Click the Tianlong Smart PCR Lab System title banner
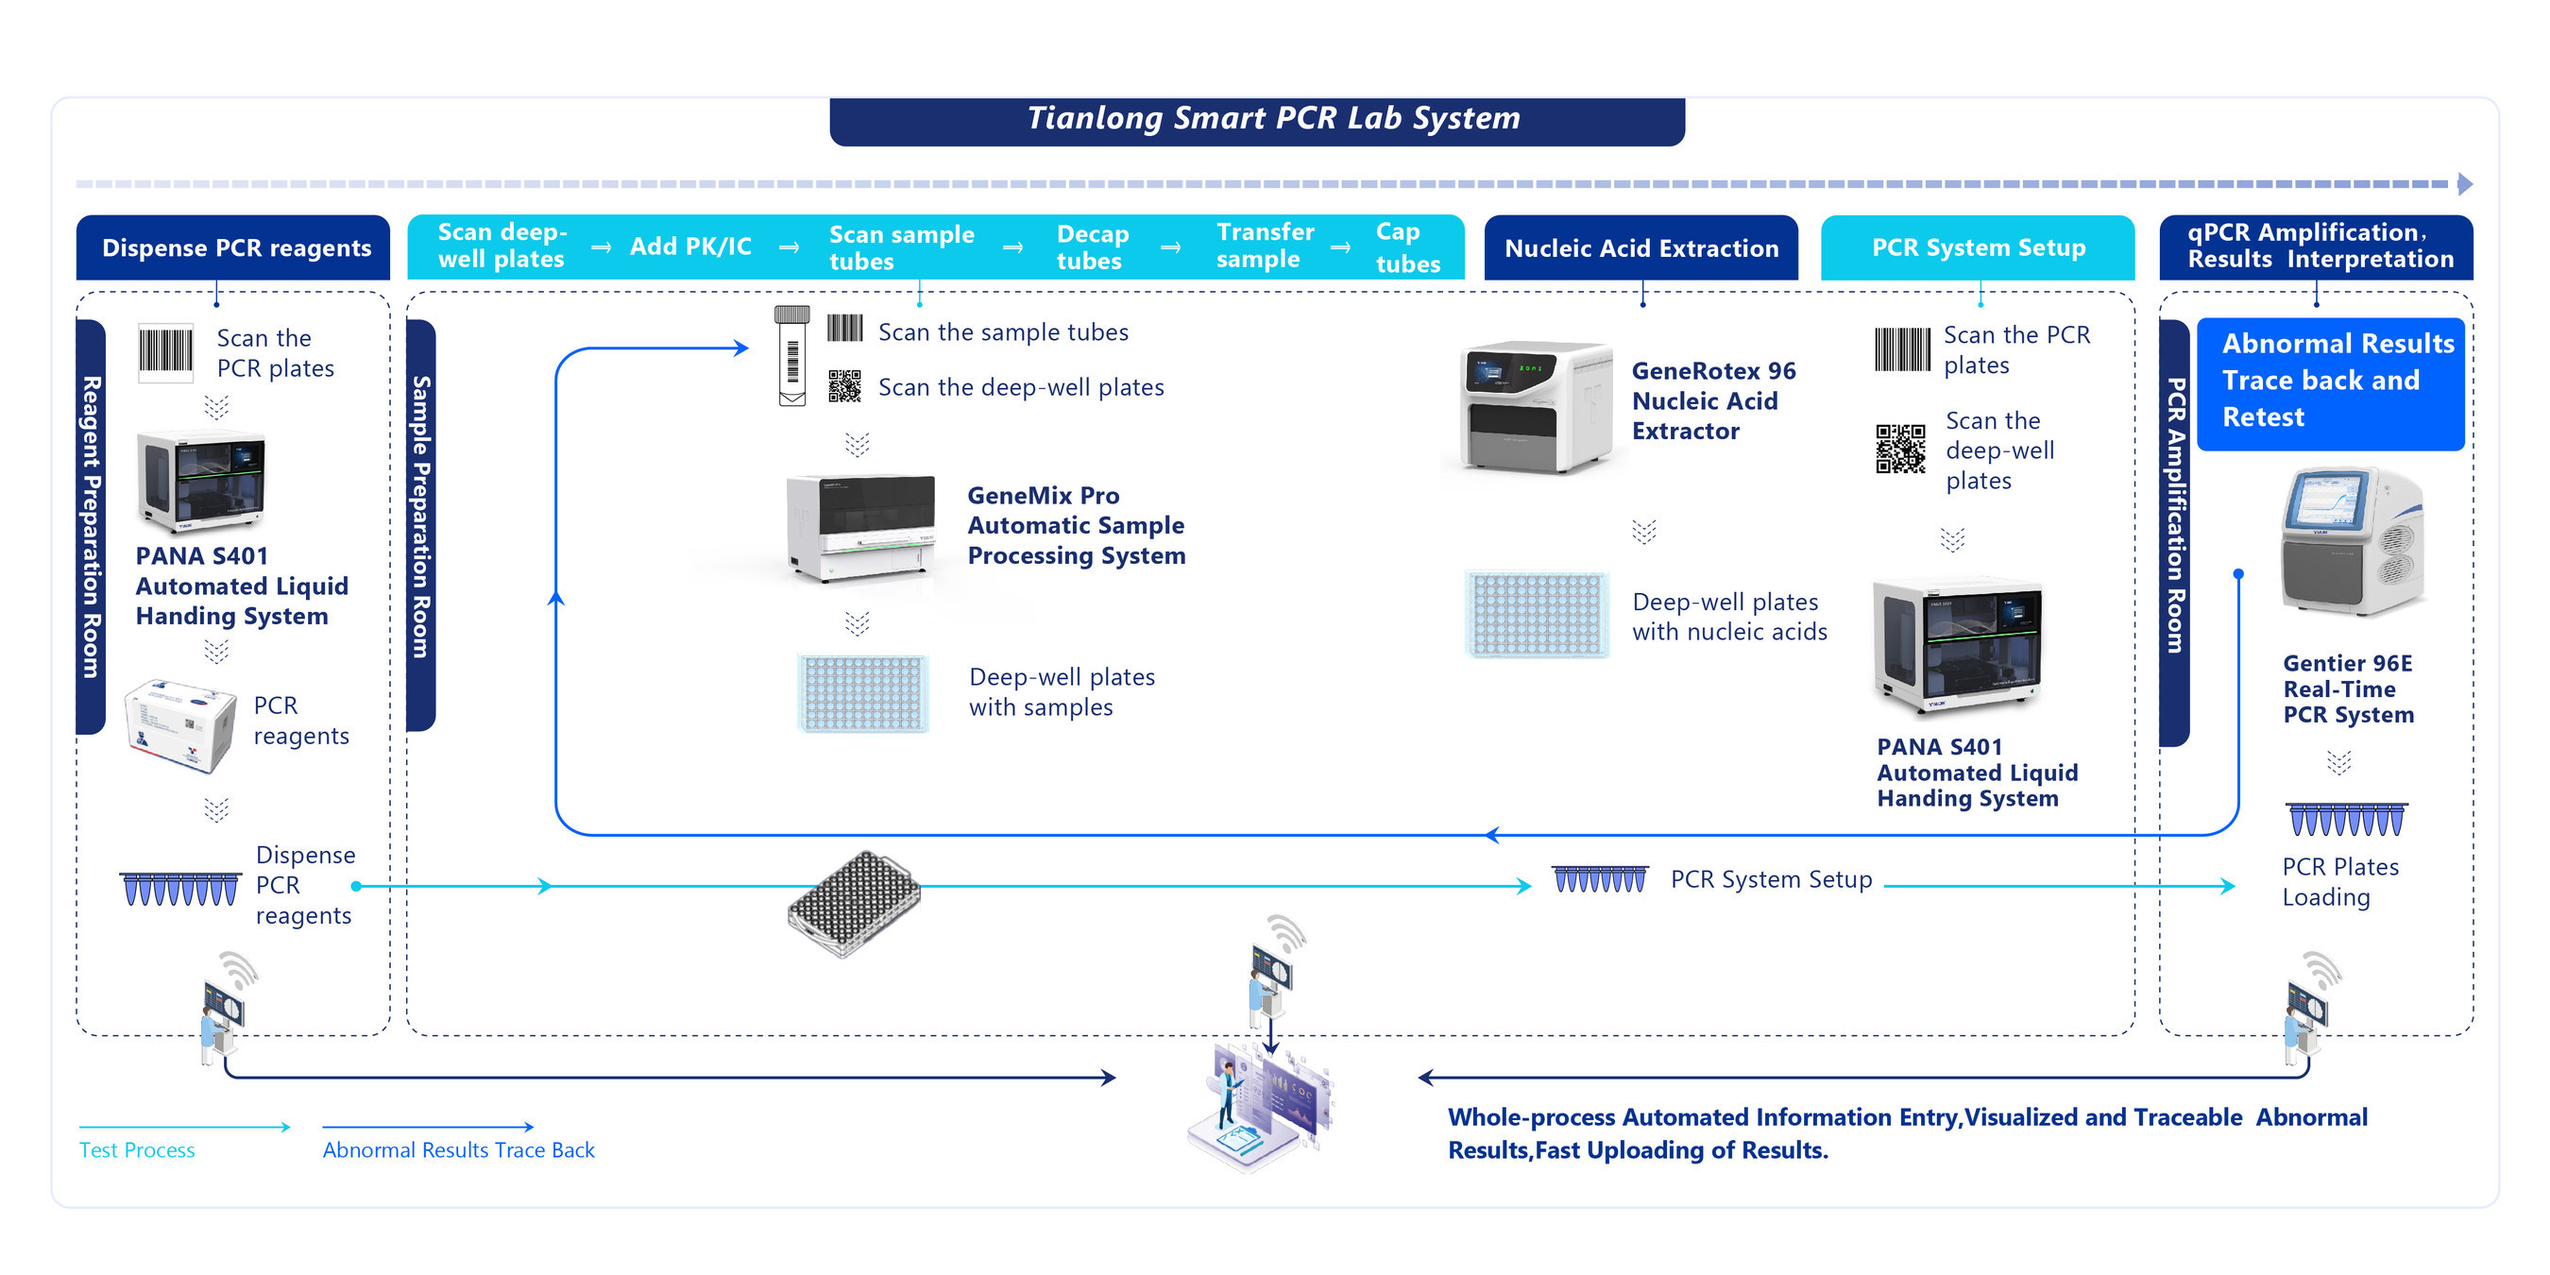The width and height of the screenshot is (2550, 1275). tap(1257, 121)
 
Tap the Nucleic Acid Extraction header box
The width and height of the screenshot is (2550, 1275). tap(1641, 247)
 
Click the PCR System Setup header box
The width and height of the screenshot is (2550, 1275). tap(1978, 247)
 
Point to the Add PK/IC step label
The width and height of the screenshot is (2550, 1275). tap(690, 246)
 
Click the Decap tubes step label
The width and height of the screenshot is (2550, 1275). tap(1092, 247)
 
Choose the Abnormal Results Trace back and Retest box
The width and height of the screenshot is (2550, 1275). tap(2330, 382)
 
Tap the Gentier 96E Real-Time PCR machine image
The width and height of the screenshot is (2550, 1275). tap(2352, 543)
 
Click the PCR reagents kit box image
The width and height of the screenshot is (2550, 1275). tap(180, 725)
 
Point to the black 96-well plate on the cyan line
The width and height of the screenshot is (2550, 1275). tap(853, 903)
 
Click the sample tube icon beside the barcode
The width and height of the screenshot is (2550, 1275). tap(792, 355)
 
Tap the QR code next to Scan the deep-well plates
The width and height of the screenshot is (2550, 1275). tap(844, 386)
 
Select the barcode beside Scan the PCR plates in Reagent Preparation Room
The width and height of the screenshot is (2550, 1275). tap(165, 351)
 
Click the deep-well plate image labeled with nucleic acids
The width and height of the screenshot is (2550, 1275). tap(1537, 615)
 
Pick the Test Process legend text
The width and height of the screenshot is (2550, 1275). tap(137, 1150)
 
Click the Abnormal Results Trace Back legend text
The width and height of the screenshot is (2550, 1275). tap(458, 1150)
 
